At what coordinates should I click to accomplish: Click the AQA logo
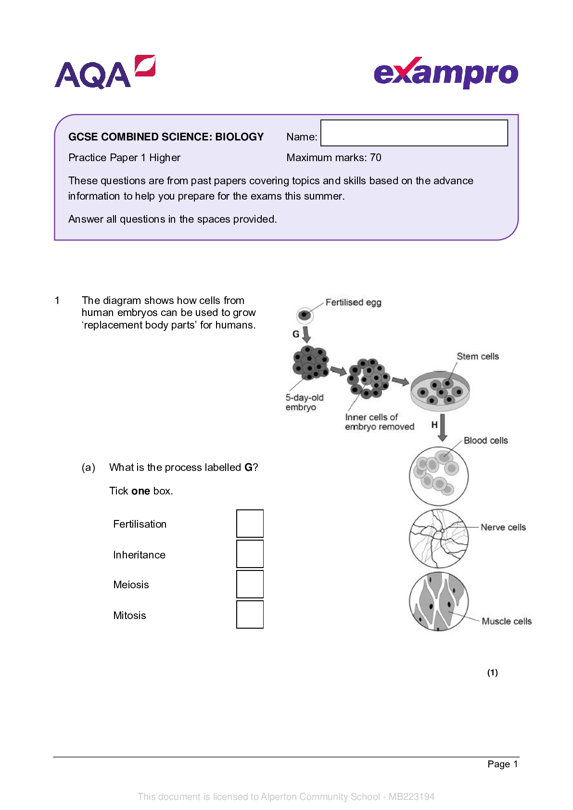pos(105,72)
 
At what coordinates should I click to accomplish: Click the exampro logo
pos(446,73)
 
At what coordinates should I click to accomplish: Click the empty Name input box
pos(414,133)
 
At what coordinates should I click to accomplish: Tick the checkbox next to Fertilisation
pos(250,523)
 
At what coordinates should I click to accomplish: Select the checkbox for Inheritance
pos(250,554)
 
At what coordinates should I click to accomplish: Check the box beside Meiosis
pos(250,584)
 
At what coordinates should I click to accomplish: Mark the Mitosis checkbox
pos(250,614)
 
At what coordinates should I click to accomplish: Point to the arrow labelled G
pos(306,334)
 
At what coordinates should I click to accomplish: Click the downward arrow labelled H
pos(443,428)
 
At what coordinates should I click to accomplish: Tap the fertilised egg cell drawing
pos(305,315)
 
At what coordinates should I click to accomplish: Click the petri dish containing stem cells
pos(440,391)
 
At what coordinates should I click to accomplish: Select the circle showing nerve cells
pos(439,538)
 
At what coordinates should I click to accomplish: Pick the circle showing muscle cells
pos(439,601)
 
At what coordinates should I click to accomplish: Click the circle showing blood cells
pos(439,476)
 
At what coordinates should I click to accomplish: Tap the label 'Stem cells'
pos(477,356)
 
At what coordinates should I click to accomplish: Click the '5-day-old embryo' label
pos(304,402)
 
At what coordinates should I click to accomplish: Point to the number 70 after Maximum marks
pos(375,157)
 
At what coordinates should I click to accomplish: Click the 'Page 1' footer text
pos(502,764)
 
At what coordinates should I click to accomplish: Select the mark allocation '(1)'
pos(492,672)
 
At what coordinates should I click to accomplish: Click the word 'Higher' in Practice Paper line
pos(165,158)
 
